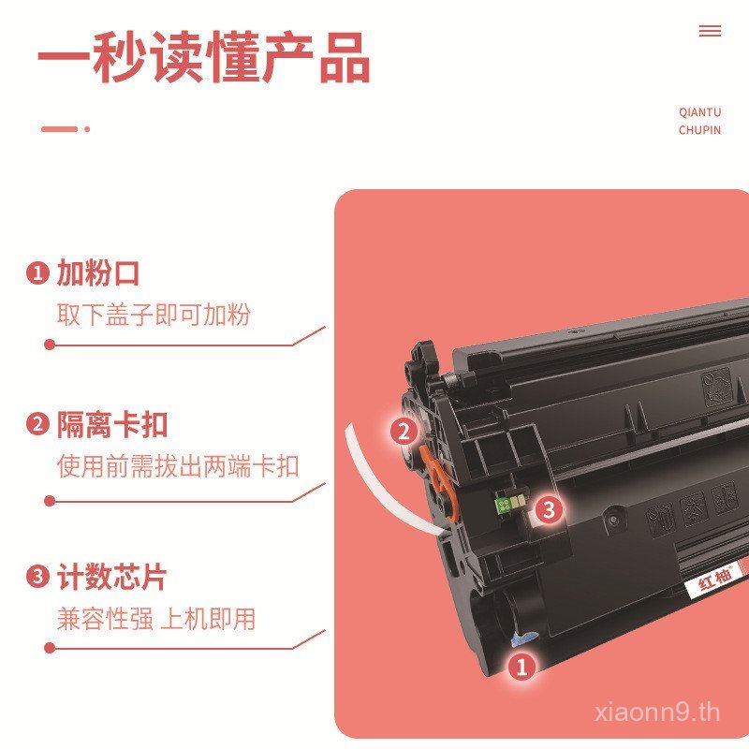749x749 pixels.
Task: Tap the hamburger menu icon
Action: pos(710,31)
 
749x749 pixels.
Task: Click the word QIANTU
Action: pos(699,112)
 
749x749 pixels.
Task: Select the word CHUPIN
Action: pos(699,130)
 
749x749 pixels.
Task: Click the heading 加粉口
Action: pos(98,273)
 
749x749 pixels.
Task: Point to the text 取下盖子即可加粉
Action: pos(154,315)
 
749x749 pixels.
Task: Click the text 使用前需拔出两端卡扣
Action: pos(178,465)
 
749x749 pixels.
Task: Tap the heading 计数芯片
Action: pos(111,577)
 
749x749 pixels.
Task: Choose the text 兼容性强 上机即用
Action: pos(156,618)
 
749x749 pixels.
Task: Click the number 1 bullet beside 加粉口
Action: pos(37,274)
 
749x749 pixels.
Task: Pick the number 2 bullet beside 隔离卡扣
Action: pos(37,425)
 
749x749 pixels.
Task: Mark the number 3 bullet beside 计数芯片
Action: pos(37,578)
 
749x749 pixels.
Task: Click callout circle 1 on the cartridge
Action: pos(521,667)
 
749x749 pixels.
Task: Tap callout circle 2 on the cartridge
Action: pos(404,432)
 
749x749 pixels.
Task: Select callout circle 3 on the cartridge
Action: pos(549,509)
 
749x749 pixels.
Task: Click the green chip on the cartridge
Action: pos(507,507)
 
